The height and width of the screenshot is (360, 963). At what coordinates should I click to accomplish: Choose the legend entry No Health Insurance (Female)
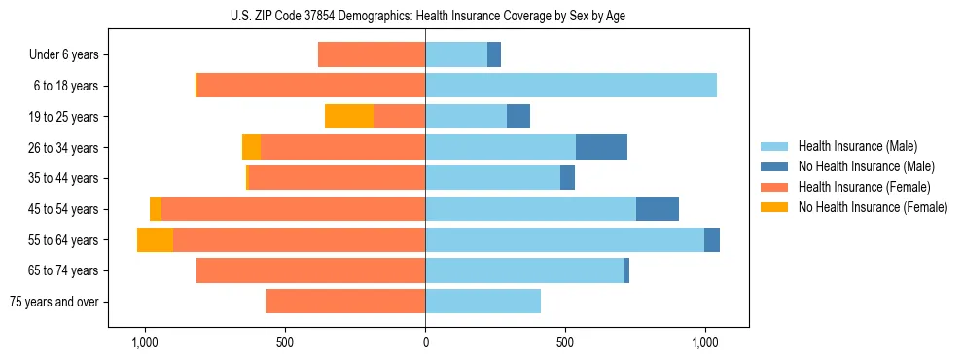[873, 207]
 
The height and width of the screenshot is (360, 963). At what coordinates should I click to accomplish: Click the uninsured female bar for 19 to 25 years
[349, 117]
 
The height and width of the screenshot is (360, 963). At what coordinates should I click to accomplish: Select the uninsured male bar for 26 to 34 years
[601, 147]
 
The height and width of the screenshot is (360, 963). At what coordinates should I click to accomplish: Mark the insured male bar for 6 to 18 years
[571, 86]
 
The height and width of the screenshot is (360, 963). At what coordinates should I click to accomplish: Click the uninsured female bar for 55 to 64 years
[155, 239]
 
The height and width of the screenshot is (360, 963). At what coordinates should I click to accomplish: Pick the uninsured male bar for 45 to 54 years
[658, 209]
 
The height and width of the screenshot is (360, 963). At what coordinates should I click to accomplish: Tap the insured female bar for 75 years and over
[345, 302]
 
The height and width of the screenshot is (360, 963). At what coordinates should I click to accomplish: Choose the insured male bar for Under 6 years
[456, 54]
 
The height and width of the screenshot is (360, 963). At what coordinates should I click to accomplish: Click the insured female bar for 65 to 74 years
[310, 270]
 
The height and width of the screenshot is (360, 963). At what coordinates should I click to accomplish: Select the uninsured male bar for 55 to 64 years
[712, 239]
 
